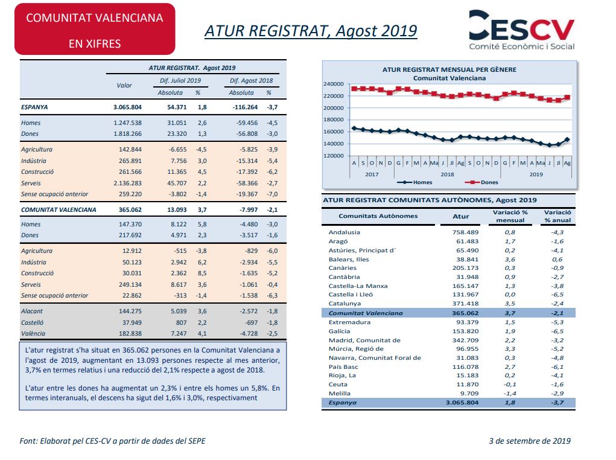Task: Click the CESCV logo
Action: coord(522,31)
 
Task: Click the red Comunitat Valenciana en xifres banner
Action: coord(95,29)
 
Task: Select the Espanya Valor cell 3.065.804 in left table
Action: coord(127,107)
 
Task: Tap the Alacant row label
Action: coord(32,311)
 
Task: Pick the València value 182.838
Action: coord(130,333)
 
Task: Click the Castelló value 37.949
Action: coord(132,322)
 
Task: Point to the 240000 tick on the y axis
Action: coord(334,84)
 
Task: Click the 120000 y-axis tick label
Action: coord(334,156)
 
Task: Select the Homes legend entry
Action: coord(414,182)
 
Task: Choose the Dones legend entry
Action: coord(481,182)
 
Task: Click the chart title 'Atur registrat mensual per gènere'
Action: coord(449,69)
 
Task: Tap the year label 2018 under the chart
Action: coord(447,174)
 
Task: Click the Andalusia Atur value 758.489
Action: coord(466,232)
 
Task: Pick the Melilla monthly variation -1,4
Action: coord(510,393)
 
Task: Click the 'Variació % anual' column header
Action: coord(557,216)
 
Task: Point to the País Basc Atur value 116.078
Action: coord(466,367)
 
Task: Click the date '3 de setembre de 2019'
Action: coord(530,441)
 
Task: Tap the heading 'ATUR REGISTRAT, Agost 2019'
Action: coord(311,31)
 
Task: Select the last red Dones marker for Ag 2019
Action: coord(567,97)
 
